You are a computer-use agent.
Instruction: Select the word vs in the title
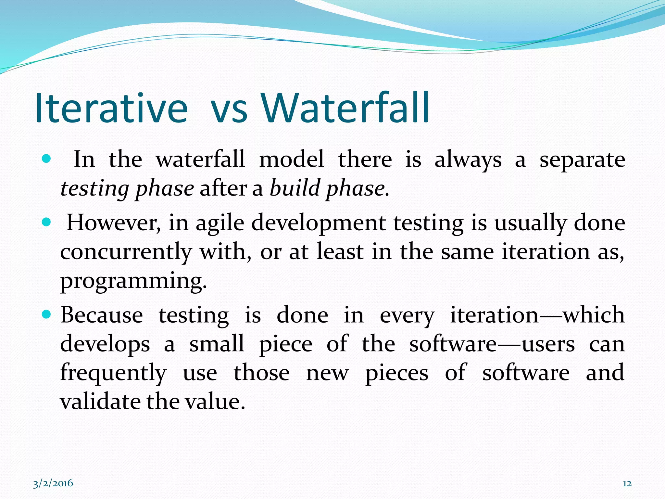point(229,110)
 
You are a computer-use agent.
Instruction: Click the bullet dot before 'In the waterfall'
point(47,159)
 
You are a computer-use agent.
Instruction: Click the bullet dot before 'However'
point(47,223)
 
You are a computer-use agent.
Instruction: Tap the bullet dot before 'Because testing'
point(47,314)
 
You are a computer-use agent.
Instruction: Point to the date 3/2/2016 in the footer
point(53,483)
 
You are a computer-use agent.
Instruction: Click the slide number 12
point(627,484)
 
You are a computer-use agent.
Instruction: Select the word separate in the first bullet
point(582,160)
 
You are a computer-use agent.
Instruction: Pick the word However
point(113,223)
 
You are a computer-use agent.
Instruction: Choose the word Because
point(102,315)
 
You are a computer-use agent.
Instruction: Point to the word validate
point(101,402)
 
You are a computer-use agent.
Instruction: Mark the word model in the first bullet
point(292,159)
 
